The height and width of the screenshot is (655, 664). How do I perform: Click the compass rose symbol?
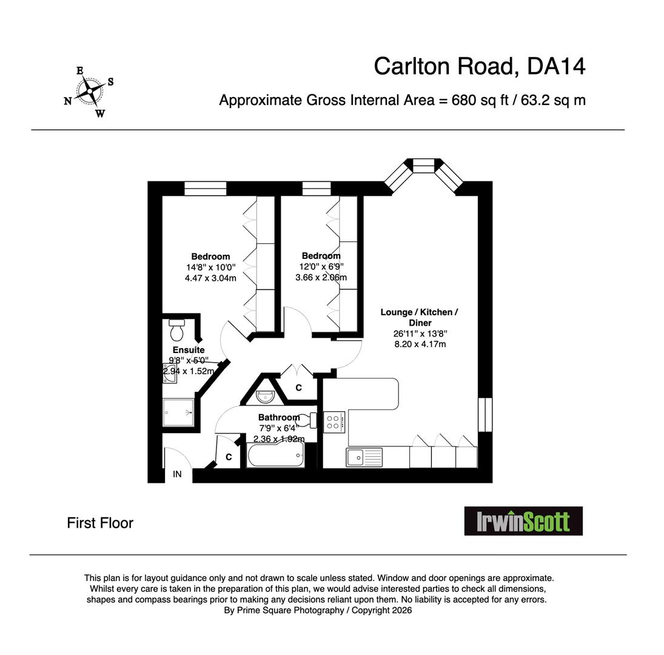[90, 92]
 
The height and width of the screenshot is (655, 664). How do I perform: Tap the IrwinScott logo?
[523, 521]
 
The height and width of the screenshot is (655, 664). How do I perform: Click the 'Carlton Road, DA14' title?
[479, 66]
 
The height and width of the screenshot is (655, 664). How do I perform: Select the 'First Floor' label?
[100, 523]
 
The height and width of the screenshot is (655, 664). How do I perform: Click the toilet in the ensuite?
[176, 330]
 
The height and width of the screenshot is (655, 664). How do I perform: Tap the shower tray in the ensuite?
[178, 412]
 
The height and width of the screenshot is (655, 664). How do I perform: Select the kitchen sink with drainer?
[364, 457]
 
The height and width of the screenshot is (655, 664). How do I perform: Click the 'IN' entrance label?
[177, 474]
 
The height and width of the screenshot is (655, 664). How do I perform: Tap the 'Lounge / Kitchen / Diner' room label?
[419, 317]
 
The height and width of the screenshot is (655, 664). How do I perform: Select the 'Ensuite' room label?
[189, 350]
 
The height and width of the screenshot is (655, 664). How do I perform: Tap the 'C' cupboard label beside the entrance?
[229, 457]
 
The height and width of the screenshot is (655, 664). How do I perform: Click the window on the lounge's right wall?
[485, 414]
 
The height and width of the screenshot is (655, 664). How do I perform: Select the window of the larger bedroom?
[205, 188]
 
